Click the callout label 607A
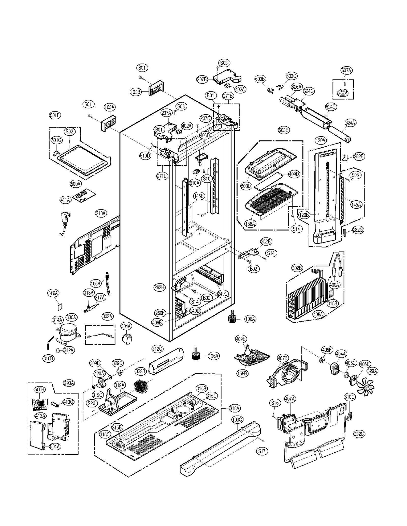click(346, 70)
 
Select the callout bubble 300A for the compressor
click(71, 317)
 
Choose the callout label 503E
click(283, 130)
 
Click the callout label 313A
click(101, 213)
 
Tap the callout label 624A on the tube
click(350, 123)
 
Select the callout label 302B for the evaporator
click(297, 268)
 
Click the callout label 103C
click(237, 420)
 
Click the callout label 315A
click(234, 408)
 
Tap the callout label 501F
click(55, 115)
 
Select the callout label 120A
click(320, 140)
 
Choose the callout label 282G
click(358, 230)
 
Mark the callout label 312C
click(157, 349)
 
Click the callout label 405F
click(327, 350)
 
